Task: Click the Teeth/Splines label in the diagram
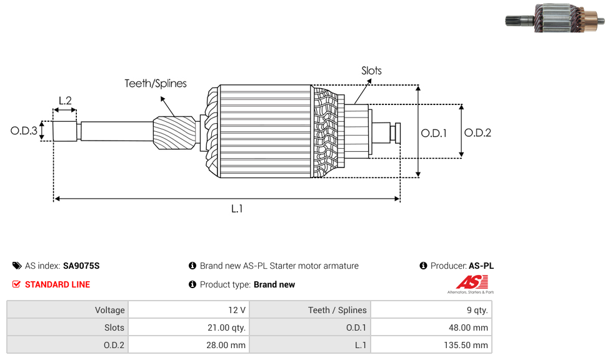pos(155,83)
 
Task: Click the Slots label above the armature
pos(371,71)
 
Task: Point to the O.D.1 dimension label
pos(434,132)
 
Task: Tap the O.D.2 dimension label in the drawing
pos(477,132)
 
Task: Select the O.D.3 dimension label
pos(24,131)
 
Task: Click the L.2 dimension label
pos(65,100)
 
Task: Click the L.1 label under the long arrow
pos(236,209)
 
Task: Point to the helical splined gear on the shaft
pos(175,133)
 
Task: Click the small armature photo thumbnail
pos(554,18)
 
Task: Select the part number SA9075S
pos(81,266)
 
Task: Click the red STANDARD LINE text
pos(57,284)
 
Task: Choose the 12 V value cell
pos(187,310)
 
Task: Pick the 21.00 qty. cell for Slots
pos(187,327)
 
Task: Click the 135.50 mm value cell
pos(431,345)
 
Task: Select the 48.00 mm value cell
pos(431,327)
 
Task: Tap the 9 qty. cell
pos(431,310)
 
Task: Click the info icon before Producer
pos(423,266)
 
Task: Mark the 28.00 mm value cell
pos(187,345)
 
